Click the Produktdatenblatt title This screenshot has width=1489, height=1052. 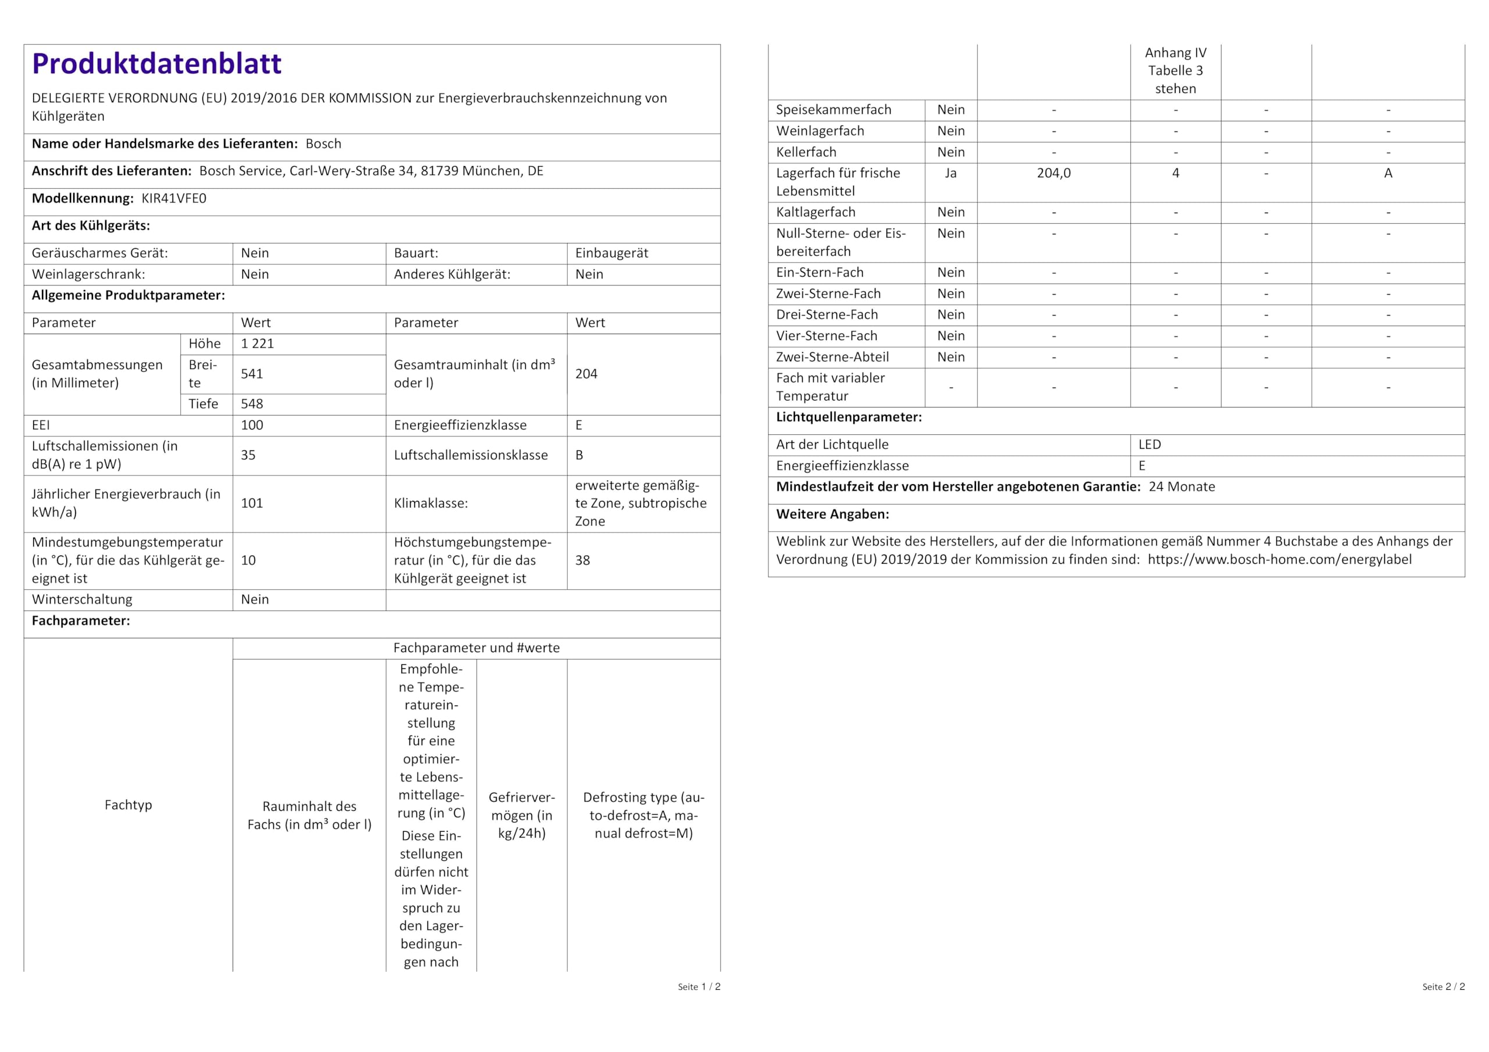click(156, 63)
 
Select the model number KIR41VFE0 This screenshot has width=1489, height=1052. click(174, 198)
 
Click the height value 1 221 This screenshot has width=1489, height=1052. click(258, 343)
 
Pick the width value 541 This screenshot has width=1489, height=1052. click(252, 374)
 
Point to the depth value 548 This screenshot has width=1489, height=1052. click(252, 404)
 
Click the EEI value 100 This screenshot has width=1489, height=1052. click(252, 425)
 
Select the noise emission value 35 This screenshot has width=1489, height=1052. click(248, 455)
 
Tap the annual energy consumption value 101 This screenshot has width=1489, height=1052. click(252, 503)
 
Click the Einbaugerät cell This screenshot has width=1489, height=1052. click(611, 253)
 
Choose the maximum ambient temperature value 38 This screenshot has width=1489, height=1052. click(582, 560)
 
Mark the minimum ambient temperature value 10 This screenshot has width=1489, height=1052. click(248, 560)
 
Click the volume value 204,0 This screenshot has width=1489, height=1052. click(1053, 173)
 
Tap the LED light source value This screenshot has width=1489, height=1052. click(1149, 445)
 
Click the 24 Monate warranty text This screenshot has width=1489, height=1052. click(1181, 487)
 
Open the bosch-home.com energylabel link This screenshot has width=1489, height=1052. click(1279, 559)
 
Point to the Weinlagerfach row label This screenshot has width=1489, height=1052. click(820, 131)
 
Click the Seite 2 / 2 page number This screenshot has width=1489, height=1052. click(1443, 986)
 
